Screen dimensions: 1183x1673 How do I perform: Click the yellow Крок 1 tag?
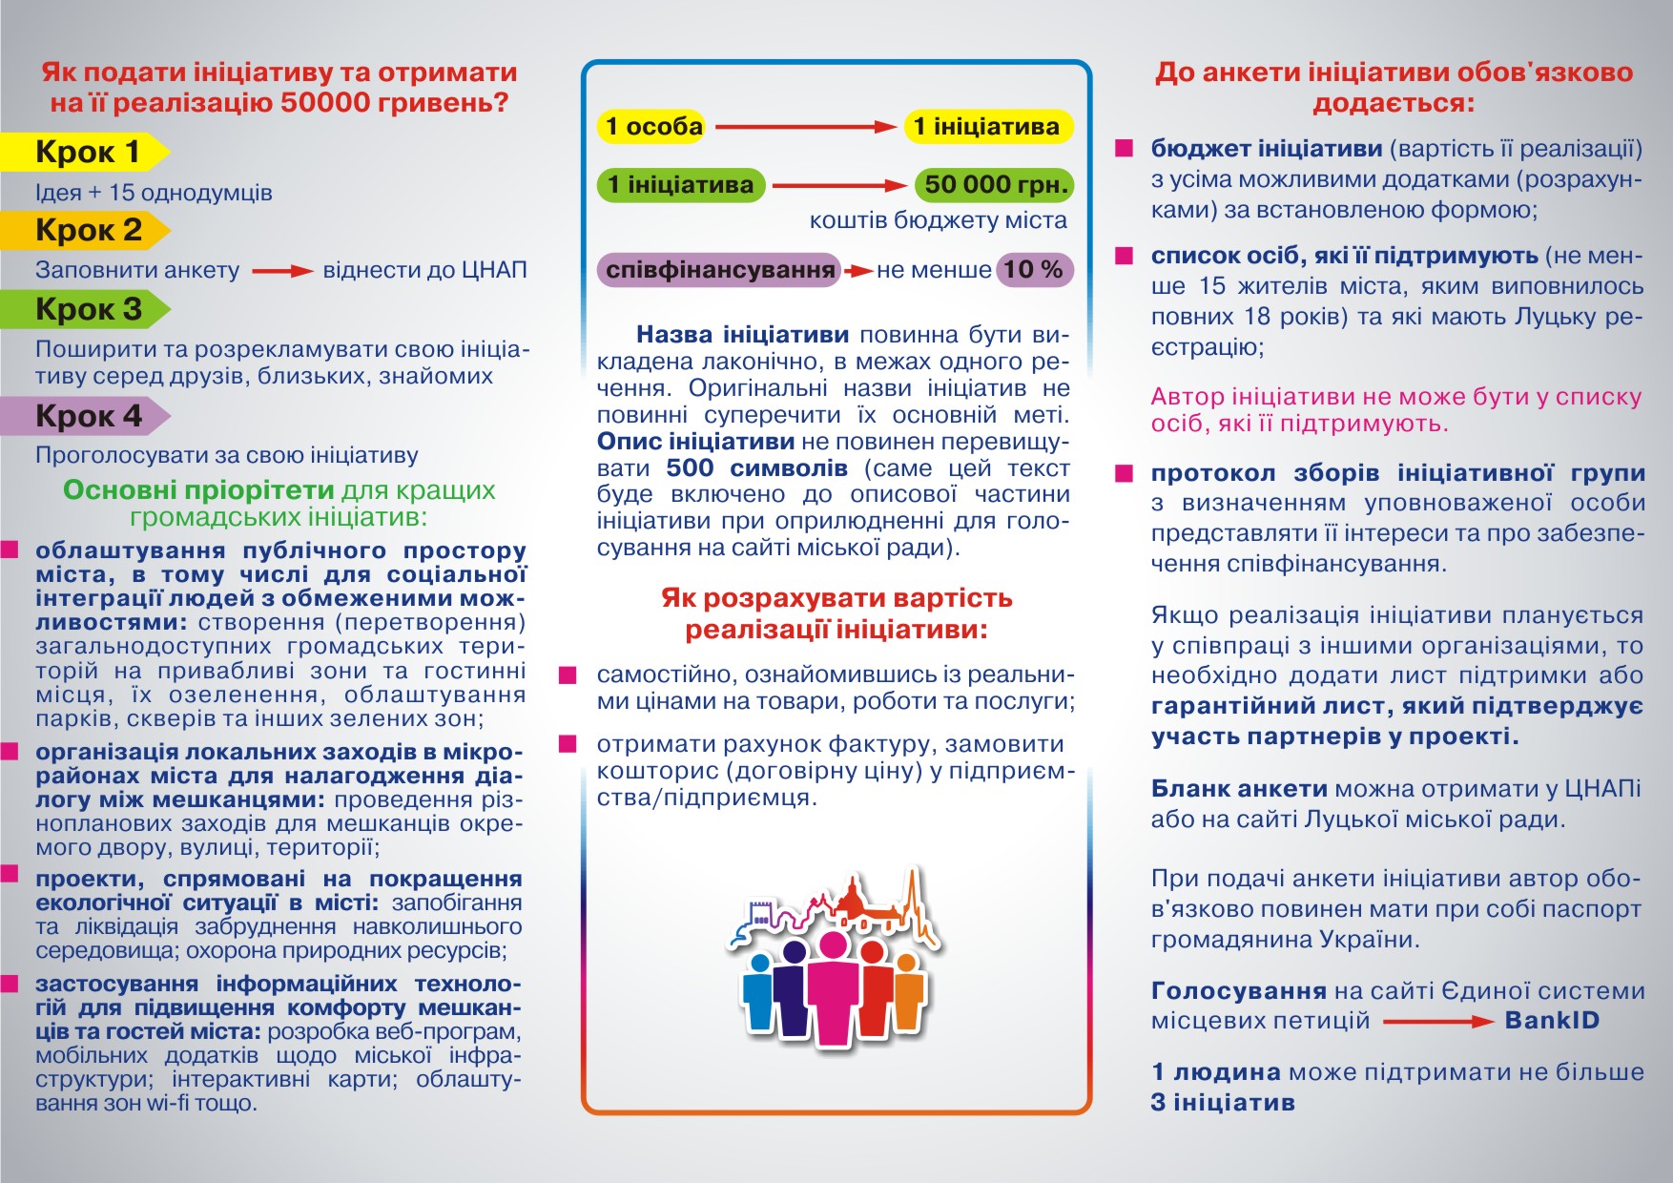pos(86,152)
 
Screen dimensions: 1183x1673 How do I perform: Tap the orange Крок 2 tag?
pos(86,230)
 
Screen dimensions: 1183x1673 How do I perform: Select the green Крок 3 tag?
pos(86,309)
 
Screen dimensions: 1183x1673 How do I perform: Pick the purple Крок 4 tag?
pos(86,416)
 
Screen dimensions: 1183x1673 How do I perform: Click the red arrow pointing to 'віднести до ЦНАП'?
pos(282,271)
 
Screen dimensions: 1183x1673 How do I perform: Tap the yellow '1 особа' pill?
pos(653,126)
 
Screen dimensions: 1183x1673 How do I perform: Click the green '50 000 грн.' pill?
pos(995,184)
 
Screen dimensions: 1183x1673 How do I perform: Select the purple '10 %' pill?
pos(1034,270)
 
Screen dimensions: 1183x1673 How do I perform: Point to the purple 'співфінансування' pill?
pos(720,270)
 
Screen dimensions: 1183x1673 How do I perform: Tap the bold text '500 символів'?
pos(756,468)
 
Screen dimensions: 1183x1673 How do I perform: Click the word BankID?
pos(1552,1021)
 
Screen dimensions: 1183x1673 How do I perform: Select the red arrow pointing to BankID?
pos(1437,1022)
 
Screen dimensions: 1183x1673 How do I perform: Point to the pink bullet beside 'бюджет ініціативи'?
pos(1125,149)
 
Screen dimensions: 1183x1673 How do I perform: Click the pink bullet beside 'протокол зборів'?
pos(1125,473)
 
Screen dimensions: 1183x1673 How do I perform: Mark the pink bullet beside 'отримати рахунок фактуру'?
pos(568,744)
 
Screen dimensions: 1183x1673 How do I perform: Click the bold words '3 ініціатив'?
pos(1223,1103)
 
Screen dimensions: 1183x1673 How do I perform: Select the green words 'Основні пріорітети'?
pos(198,490)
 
